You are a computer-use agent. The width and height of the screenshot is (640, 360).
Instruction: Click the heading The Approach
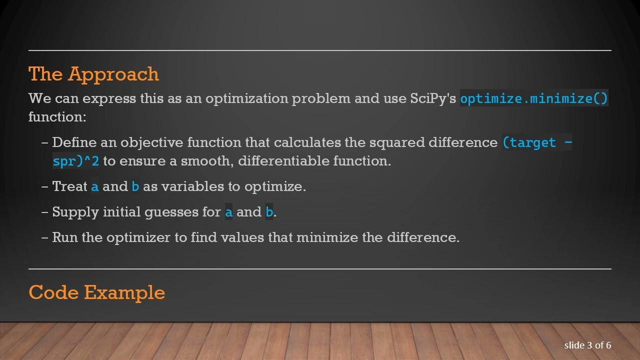(93, 74)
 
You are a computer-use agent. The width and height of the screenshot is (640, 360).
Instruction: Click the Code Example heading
(96, 292)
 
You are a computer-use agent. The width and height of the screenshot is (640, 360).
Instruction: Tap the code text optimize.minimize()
(533, 98)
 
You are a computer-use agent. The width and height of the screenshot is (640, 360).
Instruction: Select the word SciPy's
(433, 98)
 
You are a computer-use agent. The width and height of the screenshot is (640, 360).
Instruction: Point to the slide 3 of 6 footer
(587, 345)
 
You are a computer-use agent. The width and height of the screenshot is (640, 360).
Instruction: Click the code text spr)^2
(75, 161)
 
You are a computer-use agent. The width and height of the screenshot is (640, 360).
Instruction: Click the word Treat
(69, 186)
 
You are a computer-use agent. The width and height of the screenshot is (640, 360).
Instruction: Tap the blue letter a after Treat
(95, 187)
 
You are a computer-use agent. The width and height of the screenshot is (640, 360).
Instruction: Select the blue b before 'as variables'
(135, 186)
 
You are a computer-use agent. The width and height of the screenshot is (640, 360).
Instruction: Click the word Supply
(75, 212)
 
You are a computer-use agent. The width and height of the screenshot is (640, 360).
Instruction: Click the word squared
(397, 143)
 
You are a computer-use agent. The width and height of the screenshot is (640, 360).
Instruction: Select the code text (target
(529, 143)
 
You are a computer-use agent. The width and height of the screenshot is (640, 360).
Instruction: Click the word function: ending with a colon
(57, 117)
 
